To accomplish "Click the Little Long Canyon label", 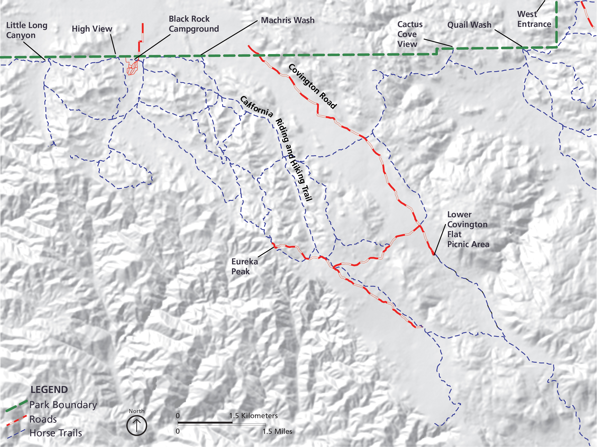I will point(26,30).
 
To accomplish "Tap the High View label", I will point(92,29).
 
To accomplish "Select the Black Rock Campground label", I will point(193,24).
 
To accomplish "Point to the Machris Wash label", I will point(287,20).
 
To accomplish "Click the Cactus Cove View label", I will point(410,34).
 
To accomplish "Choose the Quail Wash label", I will point(469,25).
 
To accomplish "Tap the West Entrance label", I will point(534,19).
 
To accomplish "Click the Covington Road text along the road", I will point(313,86).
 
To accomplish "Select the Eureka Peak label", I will point(244,266).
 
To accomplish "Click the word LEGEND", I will point(49,390).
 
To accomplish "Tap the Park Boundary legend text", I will point(63,405).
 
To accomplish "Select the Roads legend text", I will point(43,419).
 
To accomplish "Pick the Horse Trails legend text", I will point(56,433).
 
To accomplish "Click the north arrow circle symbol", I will point(137,425).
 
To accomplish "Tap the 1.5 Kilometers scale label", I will point(253,416).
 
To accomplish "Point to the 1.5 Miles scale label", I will point(277,431).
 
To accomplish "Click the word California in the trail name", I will point(256,107).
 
